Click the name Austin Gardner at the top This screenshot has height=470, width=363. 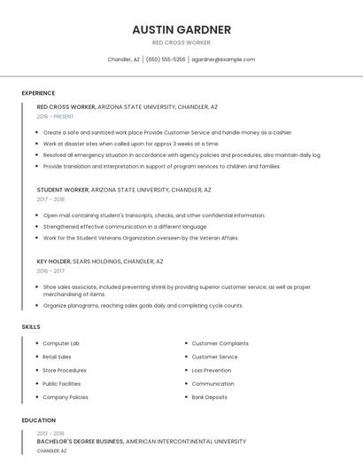coord(181,29)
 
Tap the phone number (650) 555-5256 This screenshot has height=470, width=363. coord(166,59)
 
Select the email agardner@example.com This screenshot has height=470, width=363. coord(223,59)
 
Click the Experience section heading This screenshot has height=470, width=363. coord(38,93)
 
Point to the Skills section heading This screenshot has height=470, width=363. coord(31,327)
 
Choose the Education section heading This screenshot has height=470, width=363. coord(38,420)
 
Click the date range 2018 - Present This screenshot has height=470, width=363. coord(55,116)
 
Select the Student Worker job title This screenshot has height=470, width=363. coord(63,190)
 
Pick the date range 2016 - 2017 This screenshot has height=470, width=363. coord(50,271)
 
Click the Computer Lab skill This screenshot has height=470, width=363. coord(61,343)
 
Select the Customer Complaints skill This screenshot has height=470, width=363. coord(220,343)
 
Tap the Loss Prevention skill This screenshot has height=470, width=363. coord(212,370)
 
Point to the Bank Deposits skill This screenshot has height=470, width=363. coord(209,397)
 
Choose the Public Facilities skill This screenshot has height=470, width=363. coord(62,384)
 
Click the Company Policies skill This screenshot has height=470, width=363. coord(66,397)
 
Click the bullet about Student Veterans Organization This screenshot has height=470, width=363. coord(141,238)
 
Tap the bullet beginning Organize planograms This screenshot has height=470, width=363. coord(143,305)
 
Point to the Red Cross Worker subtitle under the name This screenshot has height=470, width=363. coord(181,43)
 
